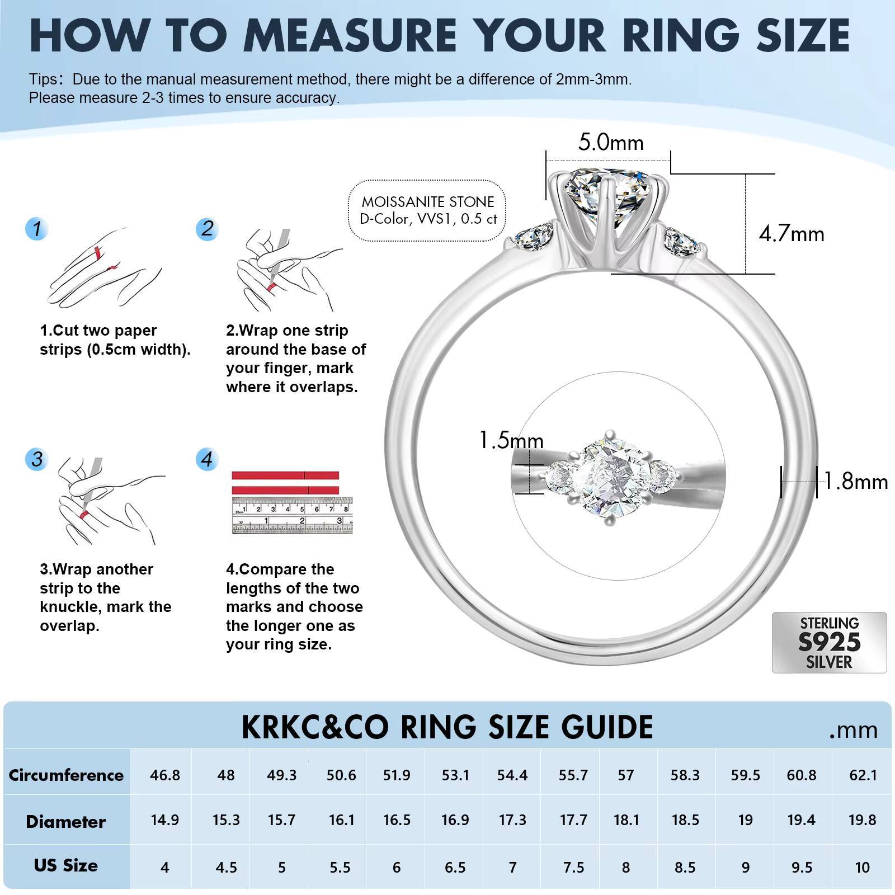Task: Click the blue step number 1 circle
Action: click(x=37, y=229)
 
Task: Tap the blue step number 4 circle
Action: click(x=207, y=459)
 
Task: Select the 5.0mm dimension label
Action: click(x=611, y=143)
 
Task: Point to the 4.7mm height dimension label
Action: click(x=791, y=233)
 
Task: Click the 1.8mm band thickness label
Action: click(x=856, y=482)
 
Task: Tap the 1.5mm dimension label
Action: click(x=511, y=441)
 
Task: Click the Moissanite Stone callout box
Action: click(x=428, y=210)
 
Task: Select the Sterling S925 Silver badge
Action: click(x=829, y=642)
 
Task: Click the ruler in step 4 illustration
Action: click(x=293, y=516)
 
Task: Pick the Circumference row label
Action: click(x=66, y=775)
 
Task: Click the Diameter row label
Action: click(x=66, y=822)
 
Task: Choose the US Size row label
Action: click(x=66, y=865)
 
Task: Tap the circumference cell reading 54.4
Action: click(x=512, y=775)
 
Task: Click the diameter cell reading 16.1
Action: click(x=341, y=821)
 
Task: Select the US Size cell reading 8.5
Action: click(x=685, y=868)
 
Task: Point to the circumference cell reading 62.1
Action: click(x=863, y=775)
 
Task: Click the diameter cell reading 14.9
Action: click(x=164, y=821)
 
